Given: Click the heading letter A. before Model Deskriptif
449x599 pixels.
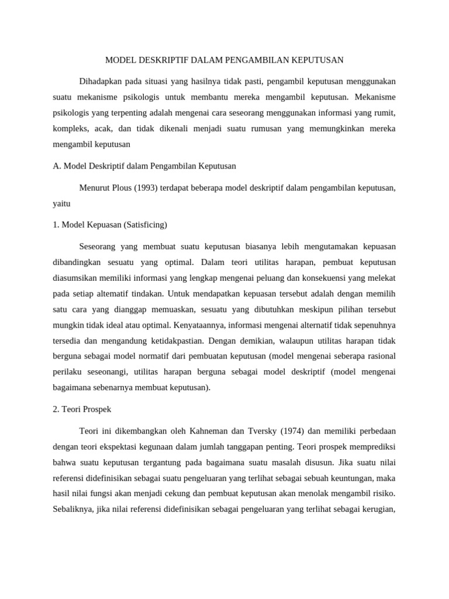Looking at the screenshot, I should tap(57, 166).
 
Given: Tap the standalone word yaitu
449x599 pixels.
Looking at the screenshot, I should tap(61, 204).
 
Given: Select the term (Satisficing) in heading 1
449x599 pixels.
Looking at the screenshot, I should tap(143, 225).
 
